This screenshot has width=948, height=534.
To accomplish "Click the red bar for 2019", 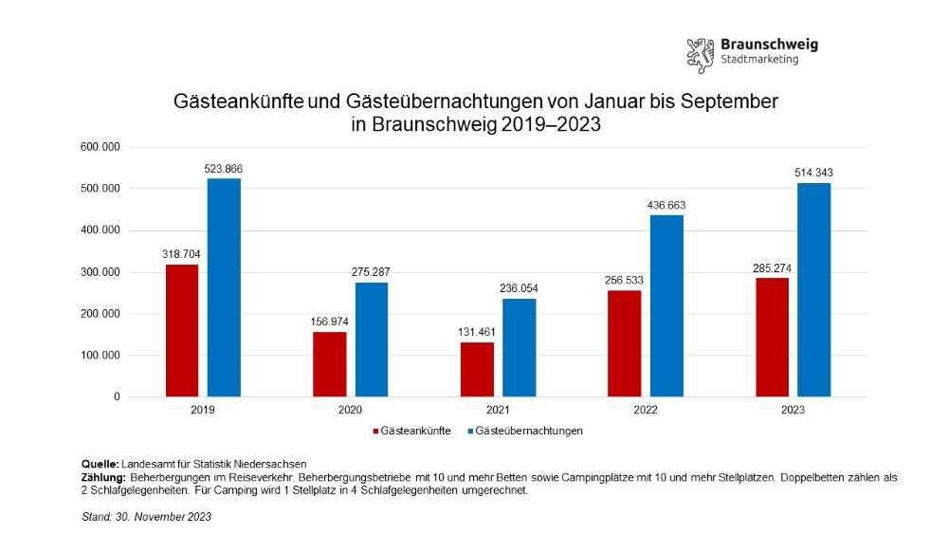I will click(x=181, y=330).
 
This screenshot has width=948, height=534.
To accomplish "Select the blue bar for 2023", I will click(x=813, y=289).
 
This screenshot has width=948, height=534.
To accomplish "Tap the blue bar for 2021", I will click(x=519, y=347).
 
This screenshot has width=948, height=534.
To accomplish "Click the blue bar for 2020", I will click(x=371, y=339).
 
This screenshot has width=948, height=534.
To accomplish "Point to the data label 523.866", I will click(x=224, y=169).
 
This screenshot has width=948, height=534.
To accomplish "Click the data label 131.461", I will click(x=477, y=333).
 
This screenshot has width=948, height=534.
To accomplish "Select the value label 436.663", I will click(x=666, y=205).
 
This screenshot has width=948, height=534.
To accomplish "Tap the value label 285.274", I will click(x=772, y=267).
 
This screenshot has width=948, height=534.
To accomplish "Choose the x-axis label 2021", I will click(x=498, y=411).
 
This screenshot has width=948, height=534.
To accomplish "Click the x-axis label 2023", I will click(x=793, y=411).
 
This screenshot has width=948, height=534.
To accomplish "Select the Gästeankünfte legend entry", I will click(x=410, y=431).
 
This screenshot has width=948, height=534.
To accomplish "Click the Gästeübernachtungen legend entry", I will click(x=528, y=431).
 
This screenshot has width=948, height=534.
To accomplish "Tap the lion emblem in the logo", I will click(x=700, y=55).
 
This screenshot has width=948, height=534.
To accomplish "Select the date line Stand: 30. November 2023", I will click(x=146, y=517).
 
